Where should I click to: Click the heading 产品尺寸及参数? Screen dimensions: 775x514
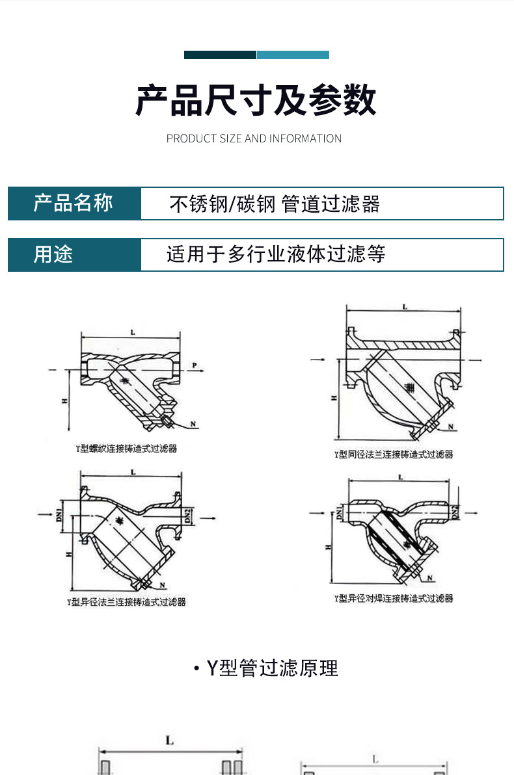[256, 101]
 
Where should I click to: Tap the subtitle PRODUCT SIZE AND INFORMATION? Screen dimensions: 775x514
[254, 138]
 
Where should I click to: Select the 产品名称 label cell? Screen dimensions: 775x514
[74, 204]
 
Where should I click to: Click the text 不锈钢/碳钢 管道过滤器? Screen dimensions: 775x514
[275, 204]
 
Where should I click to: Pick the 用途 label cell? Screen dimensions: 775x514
[74, 254]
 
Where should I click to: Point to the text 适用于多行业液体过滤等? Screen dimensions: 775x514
[276, 254]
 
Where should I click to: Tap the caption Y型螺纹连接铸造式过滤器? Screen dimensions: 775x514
[127, 448]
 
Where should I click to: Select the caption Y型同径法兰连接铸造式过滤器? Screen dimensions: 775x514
[393, 454]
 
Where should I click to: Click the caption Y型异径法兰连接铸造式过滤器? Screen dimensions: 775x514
[126, 602]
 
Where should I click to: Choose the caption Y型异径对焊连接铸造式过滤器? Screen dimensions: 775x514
[393, 598]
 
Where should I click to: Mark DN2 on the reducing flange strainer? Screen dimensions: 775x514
[186, 517]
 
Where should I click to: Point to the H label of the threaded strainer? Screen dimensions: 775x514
[65, 402]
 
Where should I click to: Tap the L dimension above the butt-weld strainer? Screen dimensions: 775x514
[400, 478]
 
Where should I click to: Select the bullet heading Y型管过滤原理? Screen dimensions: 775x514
[266, 668]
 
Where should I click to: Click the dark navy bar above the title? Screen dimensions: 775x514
[220, 55]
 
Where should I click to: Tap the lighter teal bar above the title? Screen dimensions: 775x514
[293, 55]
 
